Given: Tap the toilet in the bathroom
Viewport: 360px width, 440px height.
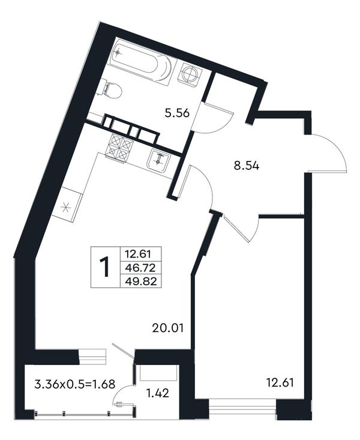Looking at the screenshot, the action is coord(112,89).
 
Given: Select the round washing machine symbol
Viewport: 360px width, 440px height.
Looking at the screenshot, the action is coord(191,74).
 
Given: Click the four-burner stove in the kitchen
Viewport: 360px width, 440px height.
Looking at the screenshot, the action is coord(119,147).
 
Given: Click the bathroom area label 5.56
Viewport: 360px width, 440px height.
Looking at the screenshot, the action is coord(177,114).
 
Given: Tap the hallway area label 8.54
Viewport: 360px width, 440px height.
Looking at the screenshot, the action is coord(247,166).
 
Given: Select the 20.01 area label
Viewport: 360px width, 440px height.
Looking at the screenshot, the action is coord(168,328).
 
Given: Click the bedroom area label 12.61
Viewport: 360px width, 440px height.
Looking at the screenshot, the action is coord(280,382).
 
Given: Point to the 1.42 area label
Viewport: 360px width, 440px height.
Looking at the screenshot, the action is coord(158,393).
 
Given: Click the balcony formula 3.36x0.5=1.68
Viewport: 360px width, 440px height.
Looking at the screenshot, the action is coord(74,384).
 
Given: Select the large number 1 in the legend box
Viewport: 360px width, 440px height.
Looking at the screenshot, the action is coord(104,267).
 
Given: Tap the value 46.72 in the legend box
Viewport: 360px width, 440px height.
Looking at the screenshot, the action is coord(140,268).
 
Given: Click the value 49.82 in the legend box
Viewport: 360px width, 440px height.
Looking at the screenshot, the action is coord(140,281).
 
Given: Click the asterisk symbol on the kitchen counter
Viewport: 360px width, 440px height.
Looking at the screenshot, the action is coord(65,208).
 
